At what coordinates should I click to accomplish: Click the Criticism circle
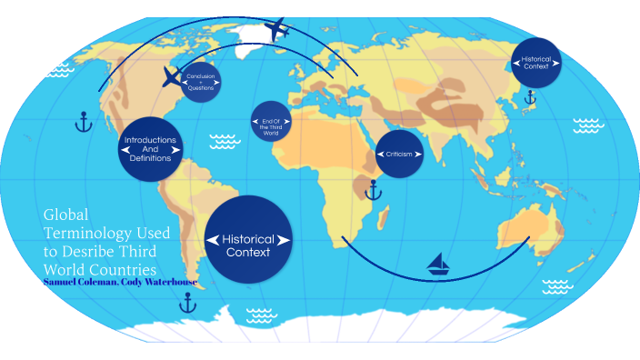tap(400, 154)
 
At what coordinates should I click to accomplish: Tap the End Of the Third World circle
tap(271, 122)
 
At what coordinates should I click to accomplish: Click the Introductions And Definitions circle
tap(151, 149)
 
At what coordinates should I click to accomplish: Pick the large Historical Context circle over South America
tap(248, 239)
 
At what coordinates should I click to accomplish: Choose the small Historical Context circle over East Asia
tap(536, 64)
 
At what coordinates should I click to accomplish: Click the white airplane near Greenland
tap(279, 29)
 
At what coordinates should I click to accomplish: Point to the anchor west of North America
tap(85, 121)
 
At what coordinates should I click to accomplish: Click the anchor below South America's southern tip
tap(187, 303)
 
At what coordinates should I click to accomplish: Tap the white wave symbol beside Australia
tap(557, 287)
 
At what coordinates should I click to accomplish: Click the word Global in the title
tap(64, 215)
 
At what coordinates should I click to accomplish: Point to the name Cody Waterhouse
tap(164, 282)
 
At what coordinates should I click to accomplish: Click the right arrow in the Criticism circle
tap(419, 154)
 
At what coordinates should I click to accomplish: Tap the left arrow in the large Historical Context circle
tap(213, 239)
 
